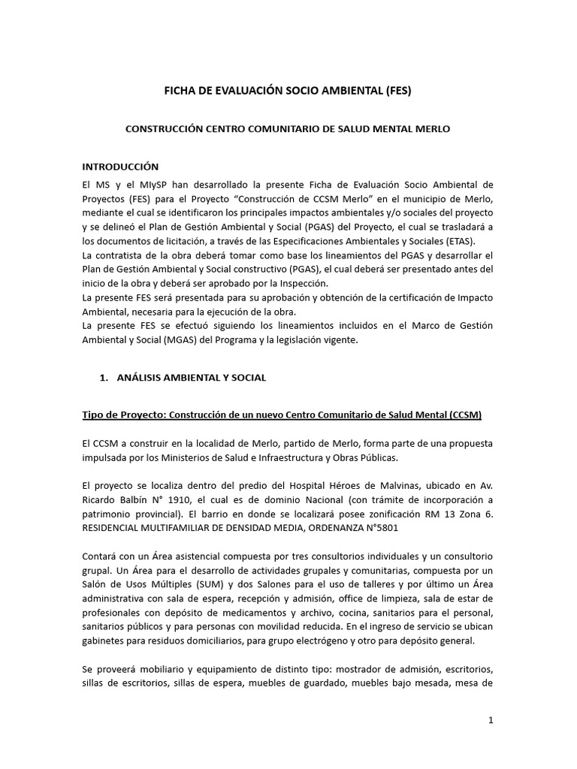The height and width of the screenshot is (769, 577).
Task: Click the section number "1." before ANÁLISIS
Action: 104,378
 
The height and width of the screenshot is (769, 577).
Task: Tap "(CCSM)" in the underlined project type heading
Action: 464,414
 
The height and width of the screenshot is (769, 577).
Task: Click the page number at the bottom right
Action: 491,720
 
